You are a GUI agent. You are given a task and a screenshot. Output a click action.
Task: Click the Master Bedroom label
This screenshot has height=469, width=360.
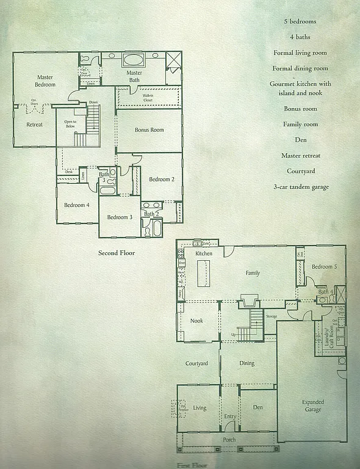45,81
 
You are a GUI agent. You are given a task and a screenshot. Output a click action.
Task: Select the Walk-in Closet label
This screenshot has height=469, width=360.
148,98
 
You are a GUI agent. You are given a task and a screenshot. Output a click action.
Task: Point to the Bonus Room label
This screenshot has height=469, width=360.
149,130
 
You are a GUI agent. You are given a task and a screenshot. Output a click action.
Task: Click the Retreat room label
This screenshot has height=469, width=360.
34,125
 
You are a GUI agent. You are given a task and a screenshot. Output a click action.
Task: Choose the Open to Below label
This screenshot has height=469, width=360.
70,124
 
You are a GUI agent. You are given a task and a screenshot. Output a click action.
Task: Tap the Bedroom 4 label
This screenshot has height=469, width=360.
77,205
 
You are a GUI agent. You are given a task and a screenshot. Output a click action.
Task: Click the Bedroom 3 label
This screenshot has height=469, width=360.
120,217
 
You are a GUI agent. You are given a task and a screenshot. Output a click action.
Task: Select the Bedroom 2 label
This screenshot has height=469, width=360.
162,179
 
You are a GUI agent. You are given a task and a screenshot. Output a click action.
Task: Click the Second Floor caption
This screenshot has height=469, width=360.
117,252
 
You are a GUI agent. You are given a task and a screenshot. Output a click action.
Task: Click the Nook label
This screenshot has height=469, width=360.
196,321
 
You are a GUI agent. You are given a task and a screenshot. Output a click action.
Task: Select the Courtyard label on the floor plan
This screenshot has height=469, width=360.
196,363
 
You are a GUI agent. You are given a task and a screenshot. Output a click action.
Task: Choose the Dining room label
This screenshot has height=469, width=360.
247,363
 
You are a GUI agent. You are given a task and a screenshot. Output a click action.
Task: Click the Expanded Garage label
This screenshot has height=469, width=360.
313,406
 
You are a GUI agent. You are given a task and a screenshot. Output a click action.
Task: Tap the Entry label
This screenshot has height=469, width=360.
230,416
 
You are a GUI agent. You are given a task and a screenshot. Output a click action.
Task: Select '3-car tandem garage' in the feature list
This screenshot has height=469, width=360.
300,187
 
